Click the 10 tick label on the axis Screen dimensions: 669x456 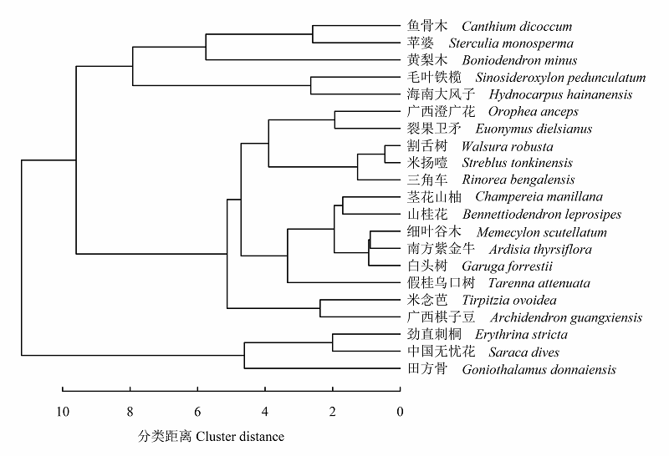62,412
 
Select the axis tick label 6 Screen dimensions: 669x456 197,412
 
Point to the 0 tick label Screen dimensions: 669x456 400,412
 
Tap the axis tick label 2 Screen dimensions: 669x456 332,412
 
